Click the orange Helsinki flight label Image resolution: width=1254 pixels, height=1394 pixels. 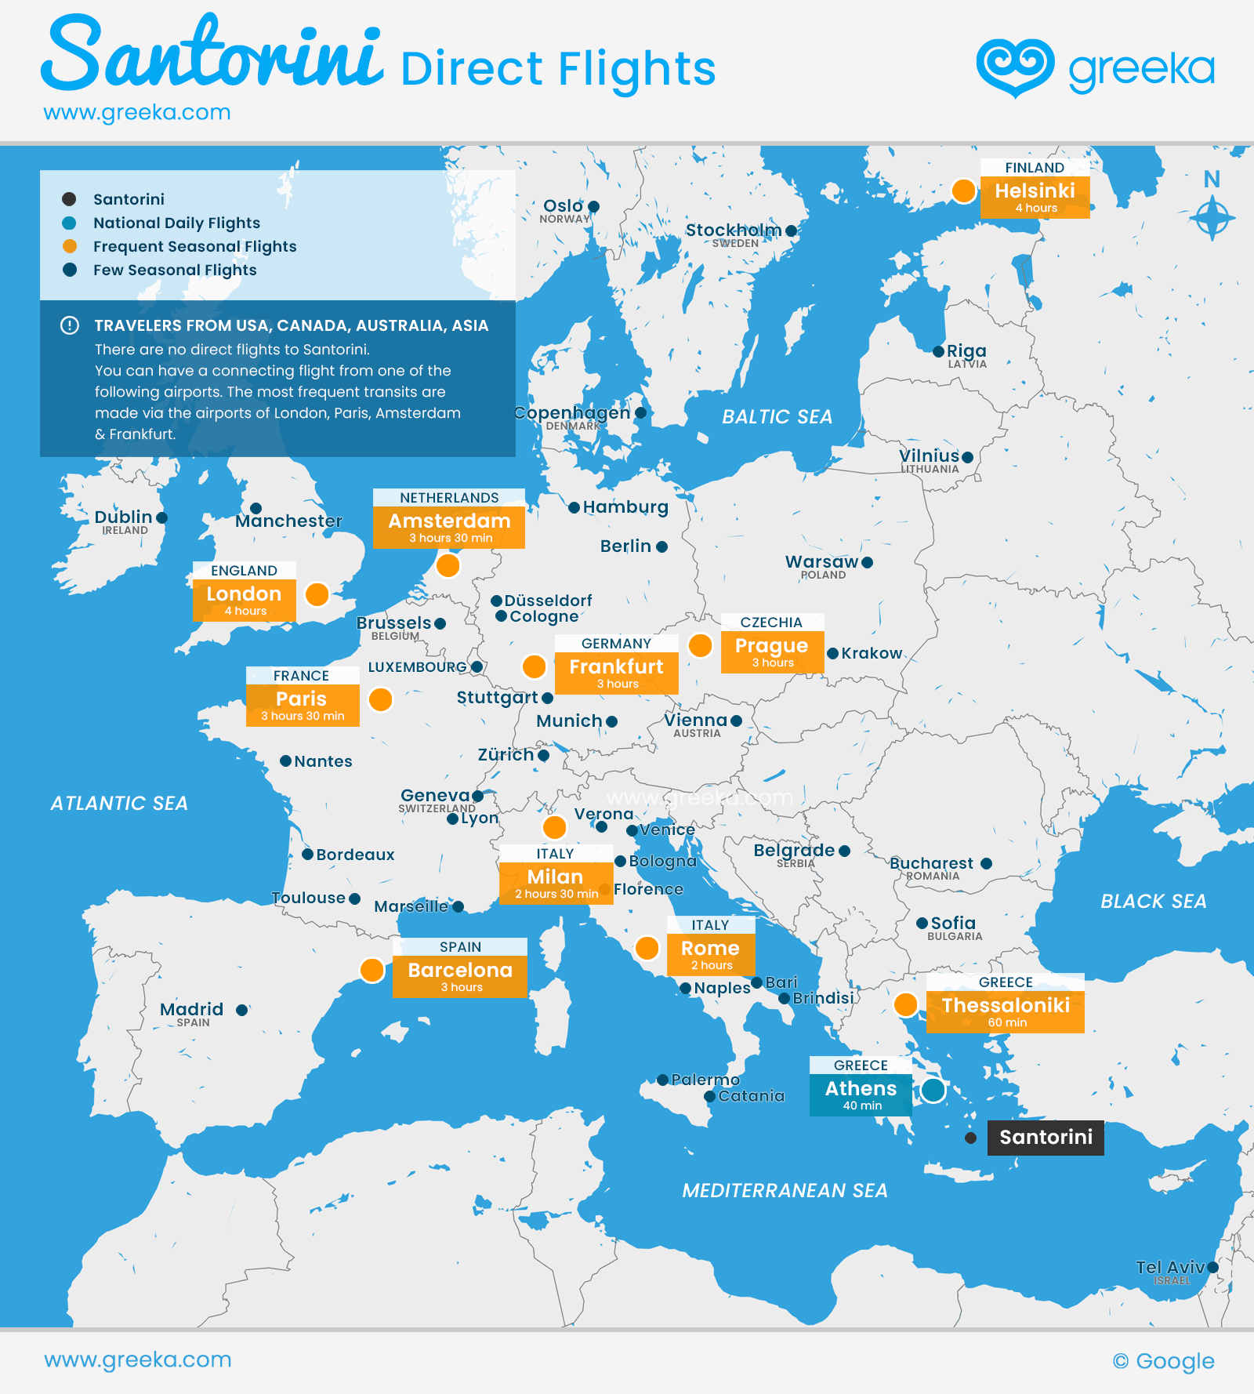[x=1035, y=197]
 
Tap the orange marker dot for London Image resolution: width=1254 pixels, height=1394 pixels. [x=317, y=594]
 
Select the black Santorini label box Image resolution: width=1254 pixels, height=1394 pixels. [x=1046, y=1138]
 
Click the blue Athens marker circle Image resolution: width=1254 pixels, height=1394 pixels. [x=933, y=1090]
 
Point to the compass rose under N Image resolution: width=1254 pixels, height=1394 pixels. [x=1212, y=217]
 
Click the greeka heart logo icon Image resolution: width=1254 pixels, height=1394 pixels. [x=1015, y=67]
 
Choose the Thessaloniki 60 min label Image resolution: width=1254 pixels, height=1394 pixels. [x=1006, y=1011]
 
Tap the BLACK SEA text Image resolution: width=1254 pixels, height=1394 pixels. [x=1153, y=902]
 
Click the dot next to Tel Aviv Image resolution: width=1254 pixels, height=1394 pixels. [x=1213, y=1267]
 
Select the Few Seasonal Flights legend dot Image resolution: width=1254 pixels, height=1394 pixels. [x=70, y=270]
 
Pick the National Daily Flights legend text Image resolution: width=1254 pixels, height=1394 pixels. [x=176, y=223]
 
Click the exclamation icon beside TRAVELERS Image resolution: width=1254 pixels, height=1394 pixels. [x=70, y=325]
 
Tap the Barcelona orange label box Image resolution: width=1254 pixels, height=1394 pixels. [x=460, y=976]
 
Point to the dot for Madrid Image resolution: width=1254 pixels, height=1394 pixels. [x=242, y=1010]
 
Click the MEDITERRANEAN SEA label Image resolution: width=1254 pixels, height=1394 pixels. [x=785, y=1191]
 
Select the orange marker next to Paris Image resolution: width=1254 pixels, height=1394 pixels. [x=380, y=699]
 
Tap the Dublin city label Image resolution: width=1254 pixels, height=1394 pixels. [x=123, y=517]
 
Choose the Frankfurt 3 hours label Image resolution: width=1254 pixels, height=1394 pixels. [x=616, y=673]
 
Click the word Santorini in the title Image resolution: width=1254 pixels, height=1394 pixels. [x=212, y=55]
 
